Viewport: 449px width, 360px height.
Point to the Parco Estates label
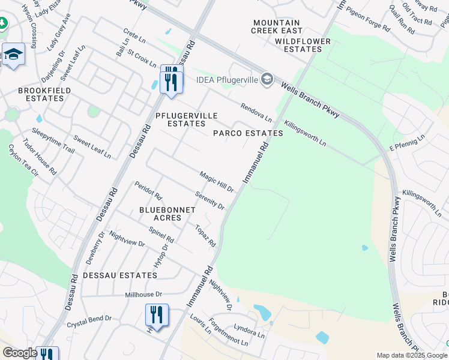(x=248, y=133)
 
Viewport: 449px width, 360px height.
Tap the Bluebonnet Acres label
(x=160, y=214)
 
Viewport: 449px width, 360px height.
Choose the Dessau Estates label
(x=120, y=275)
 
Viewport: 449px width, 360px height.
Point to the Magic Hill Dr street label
(x=216, y=181)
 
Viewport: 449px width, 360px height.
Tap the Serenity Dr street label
(x=210, y=200)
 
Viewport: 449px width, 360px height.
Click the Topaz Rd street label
(x=205, y=236)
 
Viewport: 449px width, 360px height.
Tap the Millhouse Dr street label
(x=144, y=295)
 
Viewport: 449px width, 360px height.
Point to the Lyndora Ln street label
(x=250, y=331)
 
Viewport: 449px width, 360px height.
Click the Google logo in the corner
(x=20, y=353)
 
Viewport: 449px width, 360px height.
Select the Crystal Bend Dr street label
(x=89, y=319)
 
